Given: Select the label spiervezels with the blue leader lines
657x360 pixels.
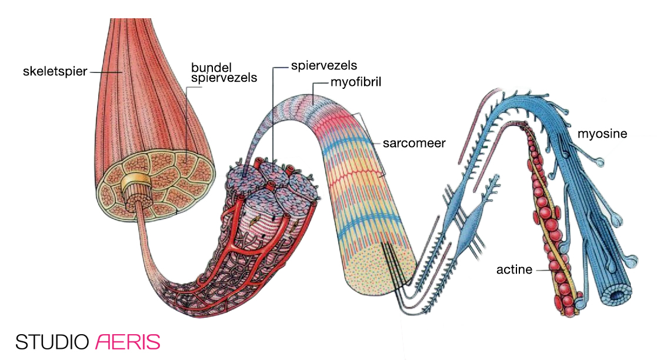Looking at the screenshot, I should click(x=324, y=65).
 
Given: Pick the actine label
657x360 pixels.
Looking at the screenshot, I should click(x=514, y=270).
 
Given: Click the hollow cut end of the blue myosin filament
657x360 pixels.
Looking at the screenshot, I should click(x=616, y=293).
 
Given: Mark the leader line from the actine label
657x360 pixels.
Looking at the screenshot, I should click(x=544, y=270).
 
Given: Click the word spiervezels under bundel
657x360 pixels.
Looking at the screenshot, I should click(x=224, y=77).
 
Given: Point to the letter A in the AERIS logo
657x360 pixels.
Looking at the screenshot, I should click(x=102, y=342).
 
